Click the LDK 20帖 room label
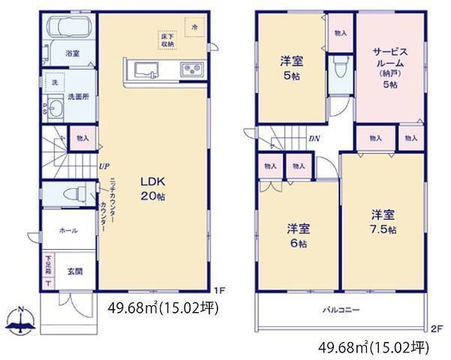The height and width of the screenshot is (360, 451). point(151,189)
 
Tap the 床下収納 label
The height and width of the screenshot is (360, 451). point(167,40)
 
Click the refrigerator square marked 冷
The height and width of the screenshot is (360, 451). point(194,27)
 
